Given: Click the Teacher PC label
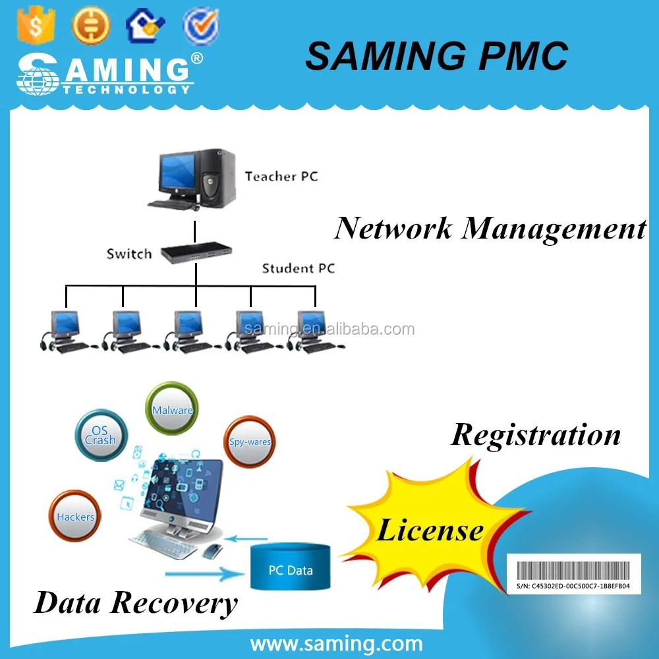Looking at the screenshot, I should pyautogui.click(x=281, y=176).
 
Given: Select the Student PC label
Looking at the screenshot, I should pyautogui.click(x=298, y=268).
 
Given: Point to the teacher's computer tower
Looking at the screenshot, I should pyautogui.click(x=217, y=177).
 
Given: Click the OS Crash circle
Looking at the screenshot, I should pyautogui.click(x=100, y=435).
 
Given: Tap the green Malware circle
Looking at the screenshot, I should pyautogui.click(x=172, y=410).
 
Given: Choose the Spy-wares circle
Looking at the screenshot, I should pyautogui.click(x=249, y=442).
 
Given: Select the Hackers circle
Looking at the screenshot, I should pyautogui.click(x=75, y=517).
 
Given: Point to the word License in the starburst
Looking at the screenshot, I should pyautogui.click(x=429, y=529).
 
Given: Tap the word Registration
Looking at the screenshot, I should pyautogui.click(x=535, y=435).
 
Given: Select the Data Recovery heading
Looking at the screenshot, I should pyautogui.click(x=135, y=602).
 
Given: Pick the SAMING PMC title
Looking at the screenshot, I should pyautogui.click(x=436, y=55).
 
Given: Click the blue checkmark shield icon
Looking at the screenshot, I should pyautogui.click(x=200, y=25).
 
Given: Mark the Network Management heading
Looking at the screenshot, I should pyautogui.click(x=490, y=228).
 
